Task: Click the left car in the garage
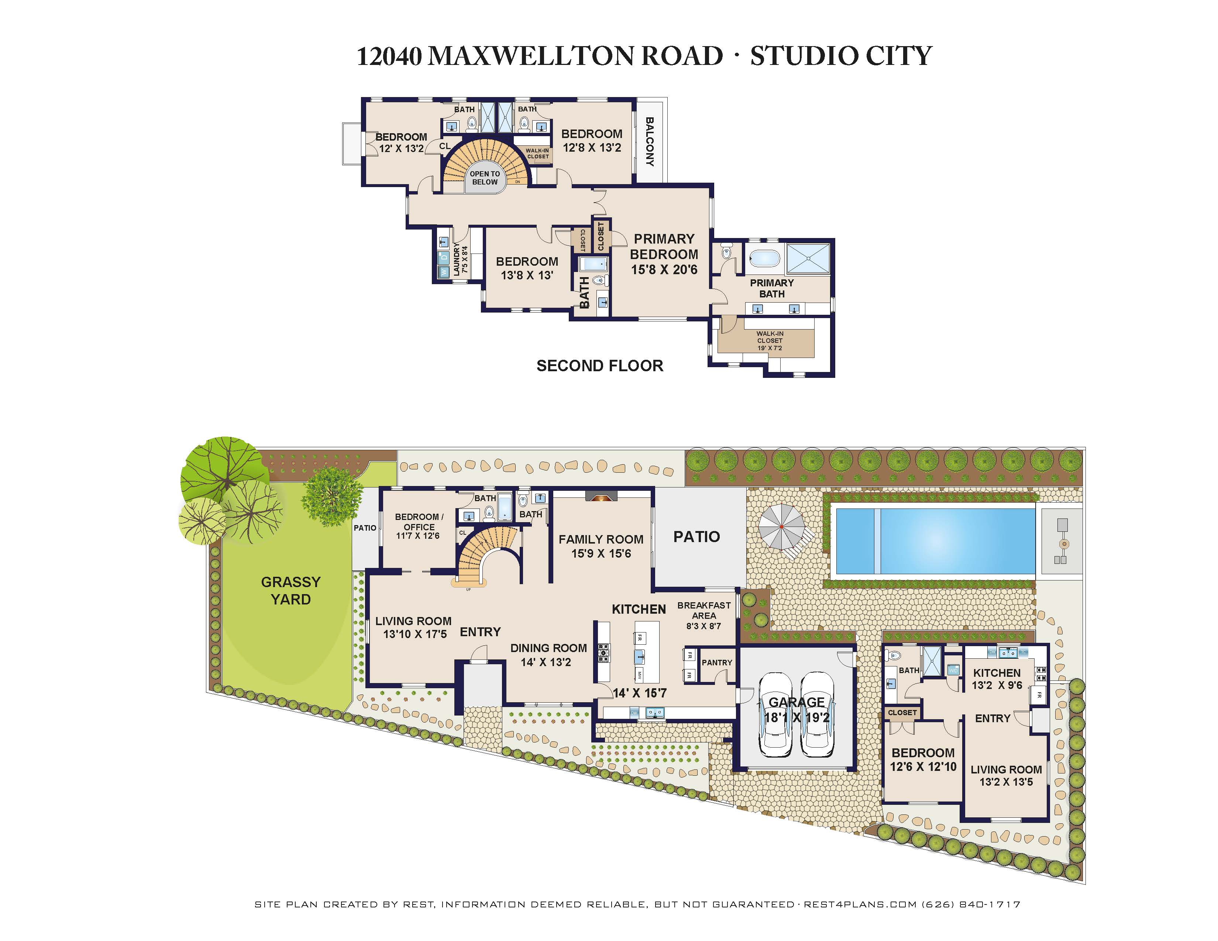pos(776,715)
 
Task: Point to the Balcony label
pos(650,142)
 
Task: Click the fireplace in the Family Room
pos(601,496)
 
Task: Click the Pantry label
pos(717,662)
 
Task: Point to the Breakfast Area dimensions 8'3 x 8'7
pos(704,626)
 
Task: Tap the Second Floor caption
pos(600,366)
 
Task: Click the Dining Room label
pos(549,648)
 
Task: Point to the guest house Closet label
pos(902,713)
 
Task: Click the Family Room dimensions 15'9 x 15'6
pos(601,554)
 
